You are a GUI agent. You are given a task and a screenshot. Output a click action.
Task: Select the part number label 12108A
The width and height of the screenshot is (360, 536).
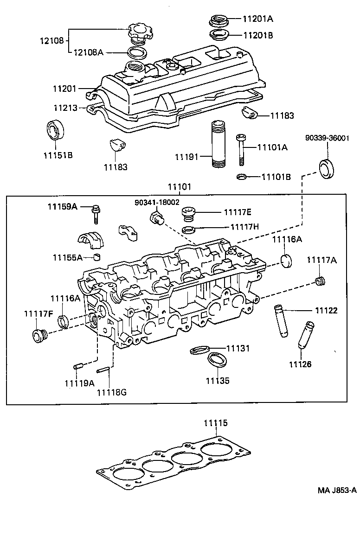click(x=88, y=52)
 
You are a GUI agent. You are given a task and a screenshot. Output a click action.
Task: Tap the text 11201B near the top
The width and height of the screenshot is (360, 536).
click(x=257, y=35)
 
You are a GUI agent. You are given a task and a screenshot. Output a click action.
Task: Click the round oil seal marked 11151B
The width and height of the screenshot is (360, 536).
click(x=57, y=130)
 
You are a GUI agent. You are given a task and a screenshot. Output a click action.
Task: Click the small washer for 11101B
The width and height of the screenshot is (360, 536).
click(x=241, y=177)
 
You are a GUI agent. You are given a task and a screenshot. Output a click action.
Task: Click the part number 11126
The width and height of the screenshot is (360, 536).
click(x=300, y=364)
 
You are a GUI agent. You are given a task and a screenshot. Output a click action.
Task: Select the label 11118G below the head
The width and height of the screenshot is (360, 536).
click(x=112, y=393)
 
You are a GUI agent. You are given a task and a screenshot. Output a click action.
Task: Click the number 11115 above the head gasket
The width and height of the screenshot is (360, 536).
click(x=216, y=423)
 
